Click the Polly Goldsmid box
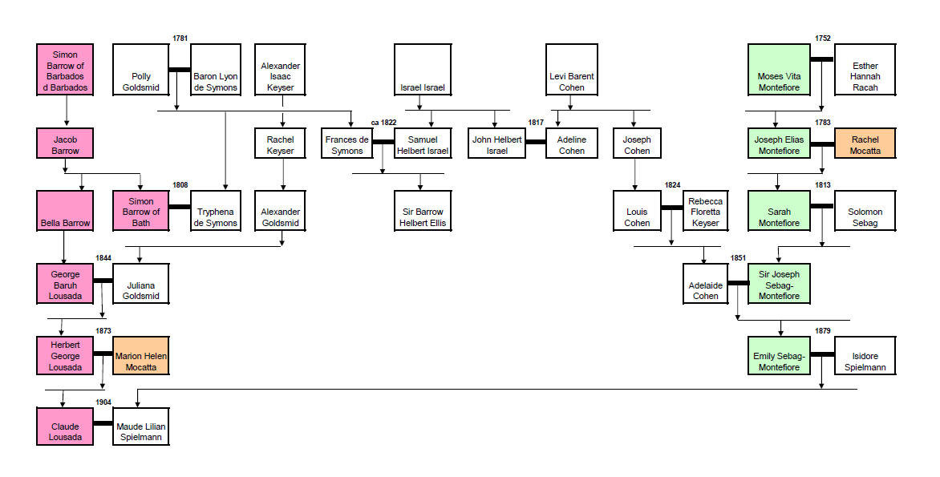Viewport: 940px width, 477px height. (140, 70)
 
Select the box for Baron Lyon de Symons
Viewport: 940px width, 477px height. (216, 70)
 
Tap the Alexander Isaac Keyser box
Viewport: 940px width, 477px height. (280, 70)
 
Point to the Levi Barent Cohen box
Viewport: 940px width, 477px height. (572, 70)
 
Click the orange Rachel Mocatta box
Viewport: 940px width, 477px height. (865, 143)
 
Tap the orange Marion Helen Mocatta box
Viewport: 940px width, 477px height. (141, 354)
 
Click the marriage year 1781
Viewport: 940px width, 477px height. (180, 38)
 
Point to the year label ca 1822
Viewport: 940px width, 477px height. (383, 123)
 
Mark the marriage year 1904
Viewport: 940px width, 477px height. (103, 402)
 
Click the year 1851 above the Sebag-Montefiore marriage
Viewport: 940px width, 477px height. (739, 258)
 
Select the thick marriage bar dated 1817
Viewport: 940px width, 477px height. (535, 142)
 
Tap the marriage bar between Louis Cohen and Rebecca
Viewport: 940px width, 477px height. (671, 208)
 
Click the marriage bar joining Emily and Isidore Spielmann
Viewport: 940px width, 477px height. (822, 354)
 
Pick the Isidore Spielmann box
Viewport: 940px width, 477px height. (865, 354)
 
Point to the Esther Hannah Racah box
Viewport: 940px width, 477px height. (865, 70)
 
